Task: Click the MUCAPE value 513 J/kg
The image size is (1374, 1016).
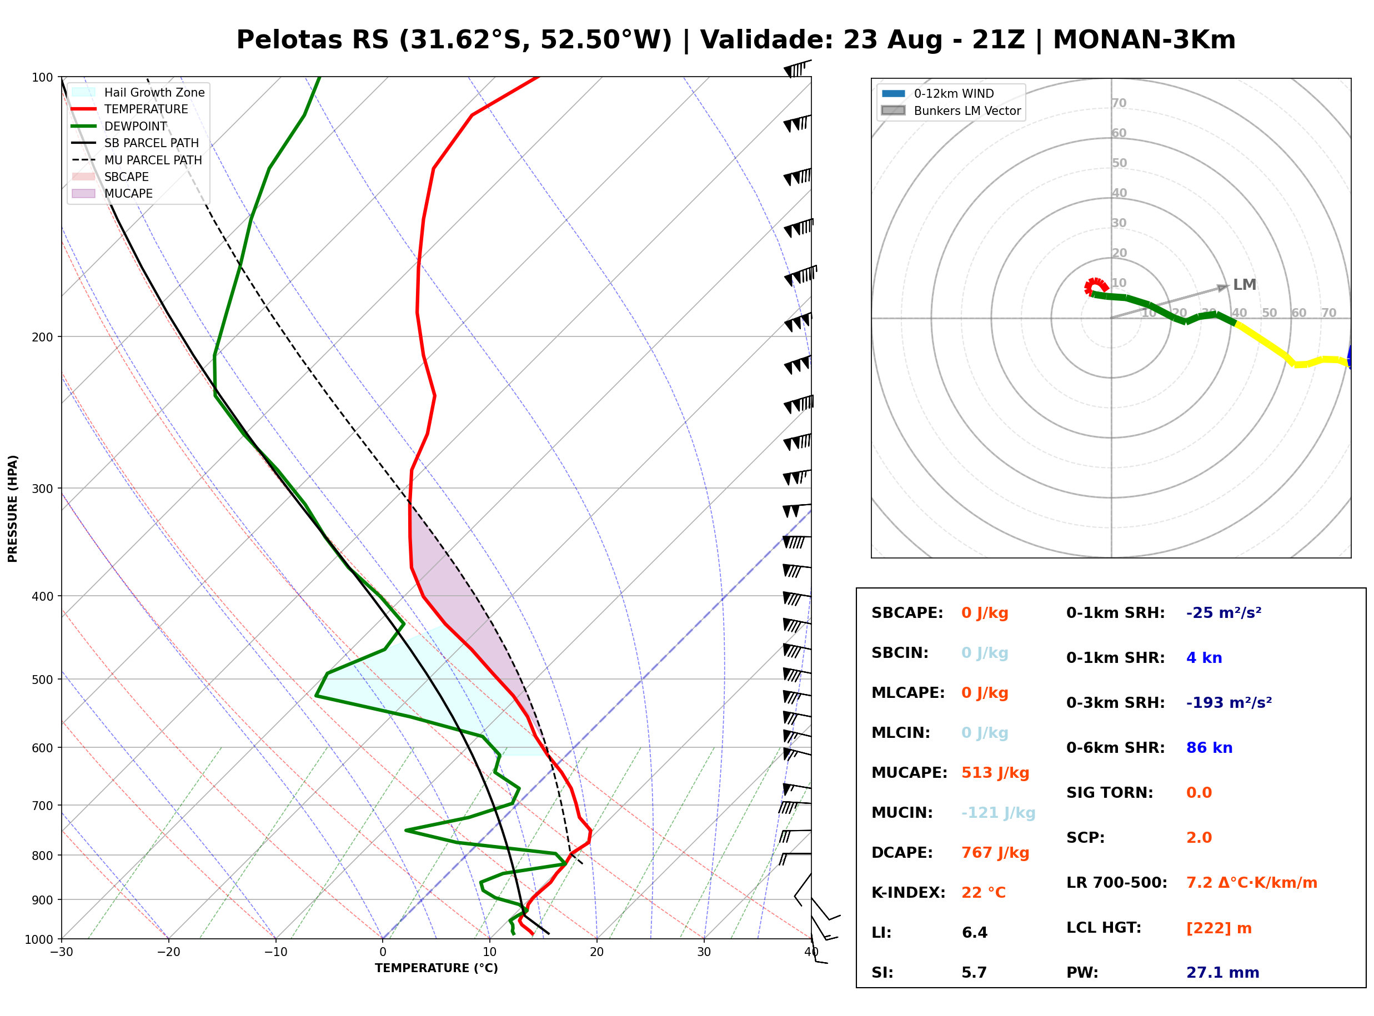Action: coord(995,773)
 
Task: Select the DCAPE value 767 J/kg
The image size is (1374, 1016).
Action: coord(995,853)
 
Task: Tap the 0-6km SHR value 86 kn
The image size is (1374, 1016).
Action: coord(1209,748)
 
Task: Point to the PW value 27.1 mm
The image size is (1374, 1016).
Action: coord(1223,973)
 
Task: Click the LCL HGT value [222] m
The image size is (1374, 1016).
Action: coord(1219,928)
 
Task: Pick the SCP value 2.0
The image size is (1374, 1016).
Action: coord(1199,838)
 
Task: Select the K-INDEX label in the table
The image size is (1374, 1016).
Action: coord(909,893)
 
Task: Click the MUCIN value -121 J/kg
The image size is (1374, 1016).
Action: coord(998,813)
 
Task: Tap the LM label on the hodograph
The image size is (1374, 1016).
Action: coord(1244,285)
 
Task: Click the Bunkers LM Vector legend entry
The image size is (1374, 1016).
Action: coord(951,110)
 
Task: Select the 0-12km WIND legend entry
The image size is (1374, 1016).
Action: coord(938,93)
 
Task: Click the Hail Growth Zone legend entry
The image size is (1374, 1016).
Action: coord(138,92)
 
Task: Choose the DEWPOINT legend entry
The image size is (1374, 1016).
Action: coord(119,126)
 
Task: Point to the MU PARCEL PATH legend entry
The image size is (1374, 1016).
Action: coord(137,160)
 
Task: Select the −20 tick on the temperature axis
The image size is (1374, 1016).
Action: coord(168,952)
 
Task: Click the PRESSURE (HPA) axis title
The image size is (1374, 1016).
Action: coord(13,508)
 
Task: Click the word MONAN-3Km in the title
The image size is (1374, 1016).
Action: coord(1144,40)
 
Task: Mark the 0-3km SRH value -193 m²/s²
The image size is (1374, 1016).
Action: coord(1229,702)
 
